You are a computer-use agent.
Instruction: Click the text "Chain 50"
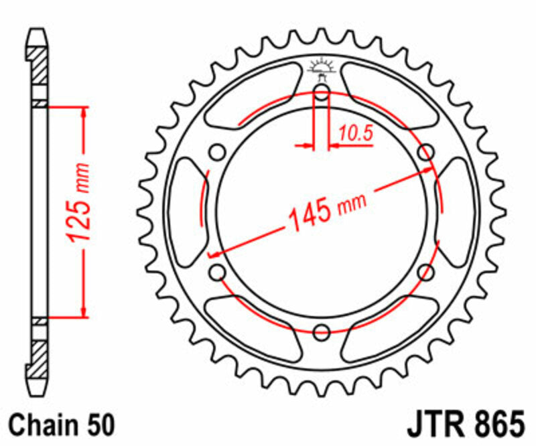click(63, 425)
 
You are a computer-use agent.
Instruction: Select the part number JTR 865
click(464, 425)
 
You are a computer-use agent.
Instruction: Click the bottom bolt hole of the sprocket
click(322, 331)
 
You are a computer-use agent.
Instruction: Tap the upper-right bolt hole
click(425, 153)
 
